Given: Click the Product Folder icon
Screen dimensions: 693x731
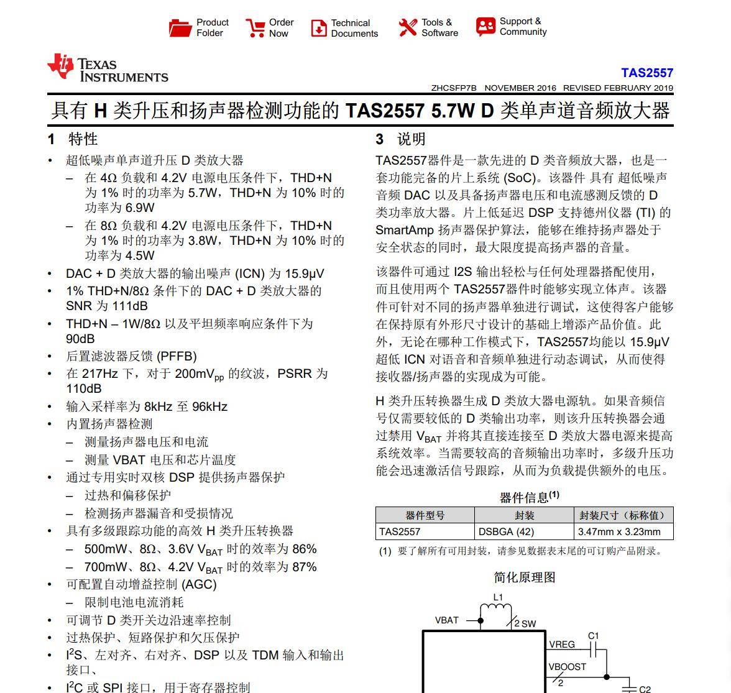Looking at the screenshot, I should click(180, 28).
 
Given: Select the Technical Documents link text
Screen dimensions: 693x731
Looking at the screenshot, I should click(354, 28).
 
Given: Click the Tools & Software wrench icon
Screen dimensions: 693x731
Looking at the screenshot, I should click(408, 27).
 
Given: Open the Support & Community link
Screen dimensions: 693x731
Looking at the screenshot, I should click(522, 27).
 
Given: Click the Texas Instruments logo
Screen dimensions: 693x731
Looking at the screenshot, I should click(108, 70).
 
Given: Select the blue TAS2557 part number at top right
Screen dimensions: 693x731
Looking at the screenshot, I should click(646, 73).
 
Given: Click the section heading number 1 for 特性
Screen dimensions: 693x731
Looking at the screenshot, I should click(52, 139).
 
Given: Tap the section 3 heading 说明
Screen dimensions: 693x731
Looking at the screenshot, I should click(411, 139).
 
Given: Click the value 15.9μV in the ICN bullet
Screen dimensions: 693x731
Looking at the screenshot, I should click(305, 273).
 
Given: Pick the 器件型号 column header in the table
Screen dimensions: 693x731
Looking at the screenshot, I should click(425, 515).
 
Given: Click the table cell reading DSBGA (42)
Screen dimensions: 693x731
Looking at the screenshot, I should click(506, 532).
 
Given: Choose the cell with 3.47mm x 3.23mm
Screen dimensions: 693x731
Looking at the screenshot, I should click(618, 532).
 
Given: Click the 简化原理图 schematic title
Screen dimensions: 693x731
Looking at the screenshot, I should click(524, 577).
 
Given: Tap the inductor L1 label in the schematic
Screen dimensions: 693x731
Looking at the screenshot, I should click(498, 597).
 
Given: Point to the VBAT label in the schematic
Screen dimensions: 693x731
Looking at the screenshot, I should click(446, 620).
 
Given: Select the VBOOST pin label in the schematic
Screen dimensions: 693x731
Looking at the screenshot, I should click(567, 667).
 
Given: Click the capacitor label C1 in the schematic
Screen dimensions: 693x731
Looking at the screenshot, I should click(593, 636).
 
